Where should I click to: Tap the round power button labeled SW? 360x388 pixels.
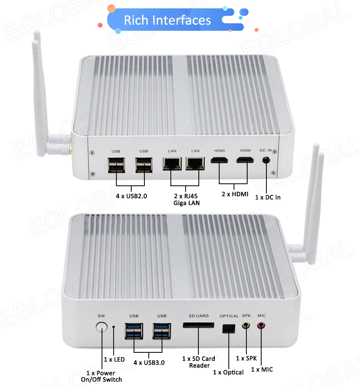coord(102,328)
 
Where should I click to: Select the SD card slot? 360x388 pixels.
coord(198,326)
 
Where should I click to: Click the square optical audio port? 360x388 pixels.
coord(228,328)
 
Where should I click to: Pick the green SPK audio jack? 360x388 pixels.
coord(246,326)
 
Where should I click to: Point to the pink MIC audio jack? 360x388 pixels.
coord(261,326)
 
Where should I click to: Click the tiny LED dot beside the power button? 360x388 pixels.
coord(114,327)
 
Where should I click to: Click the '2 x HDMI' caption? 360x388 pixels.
coord(235,194)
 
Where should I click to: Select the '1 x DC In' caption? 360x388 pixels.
coord(268,197)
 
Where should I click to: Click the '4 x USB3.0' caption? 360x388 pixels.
coord(149,362)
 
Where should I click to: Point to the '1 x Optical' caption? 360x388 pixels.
coord(228,372)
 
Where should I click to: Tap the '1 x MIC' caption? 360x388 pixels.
coord(262,369)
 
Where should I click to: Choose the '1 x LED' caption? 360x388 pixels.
coord(114,359)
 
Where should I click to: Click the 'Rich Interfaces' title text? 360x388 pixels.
coord(167,20)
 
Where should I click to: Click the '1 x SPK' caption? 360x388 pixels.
coord(246,358)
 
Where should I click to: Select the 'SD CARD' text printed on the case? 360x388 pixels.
coord(198,316)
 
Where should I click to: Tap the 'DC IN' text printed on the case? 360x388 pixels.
coord(266,150)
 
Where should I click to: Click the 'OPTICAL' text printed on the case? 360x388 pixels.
coord(229,316)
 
